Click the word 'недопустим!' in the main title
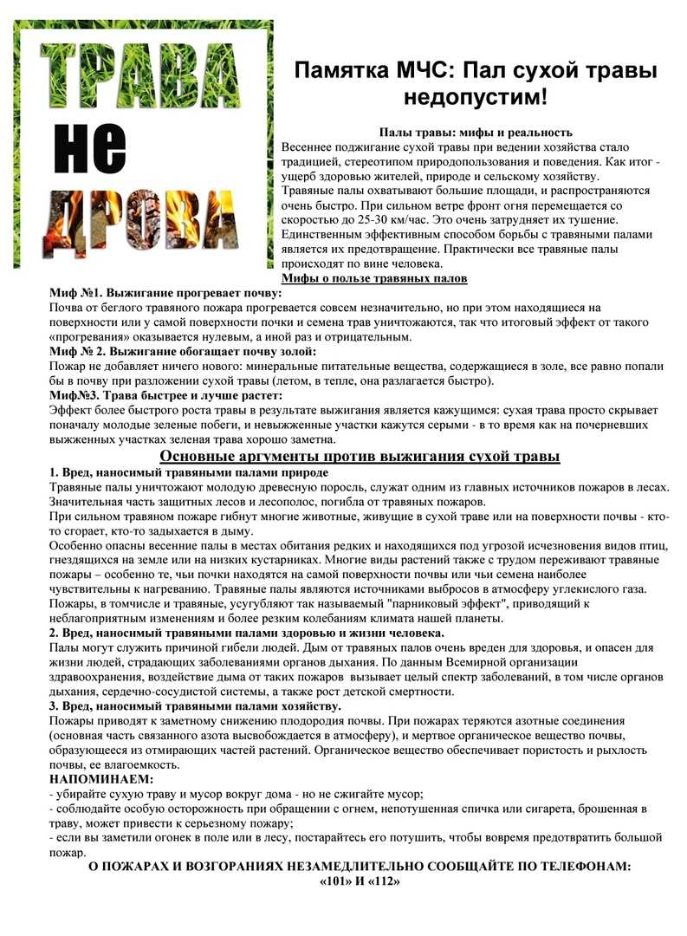(x=472, y=95)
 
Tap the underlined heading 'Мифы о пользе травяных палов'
(x=374, y=279)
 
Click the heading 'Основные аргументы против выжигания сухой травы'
(x=360, y=456)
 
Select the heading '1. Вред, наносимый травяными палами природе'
(x=188, y=472)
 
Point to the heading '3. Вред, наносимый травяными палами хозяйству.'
(x=195, y=706)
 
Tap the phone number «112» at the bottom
(x=383, y=882)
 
